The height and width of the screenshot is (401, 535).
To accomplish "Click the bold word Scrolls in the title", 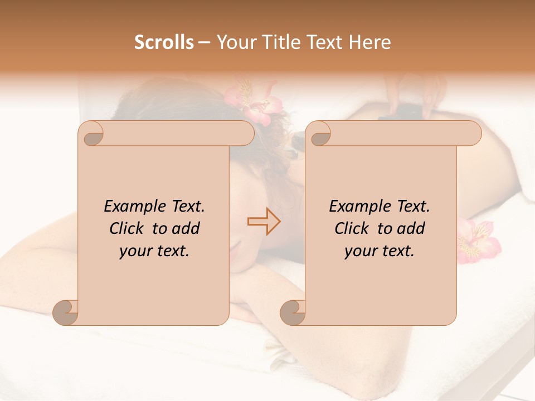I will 164,42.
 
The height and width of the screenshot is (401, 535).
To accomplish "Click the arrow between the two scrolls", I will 264,221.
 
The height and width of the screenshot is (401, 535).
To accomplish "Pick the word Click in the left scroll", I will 128,228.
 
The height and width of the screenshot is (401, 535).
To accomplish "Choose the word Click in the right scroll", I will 353,228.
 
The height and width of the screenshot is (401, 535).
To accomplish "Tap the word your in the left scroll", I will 135,251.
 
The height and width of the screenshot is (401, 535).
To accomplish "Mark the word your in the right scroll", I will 360,251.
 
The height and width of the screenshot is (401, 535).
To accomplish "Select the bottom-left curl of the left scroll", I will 66,312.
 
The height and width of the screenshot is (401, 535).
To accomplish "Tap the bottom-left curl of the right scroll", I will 293,312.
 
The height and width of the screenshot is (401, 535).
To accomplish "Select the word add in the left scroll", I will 186,228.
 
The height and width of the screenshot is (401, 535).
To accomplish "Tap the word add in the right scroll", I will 411,228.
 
